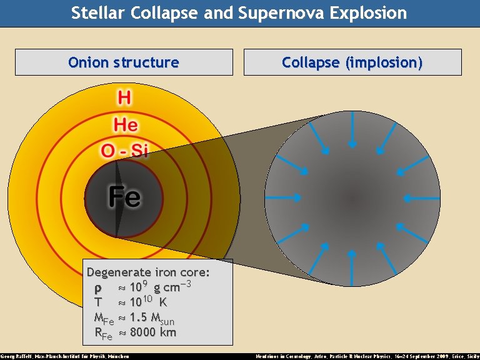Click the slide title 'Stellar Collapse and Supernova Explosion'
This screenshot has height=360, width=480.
pyautogui.click(x=239, y=12)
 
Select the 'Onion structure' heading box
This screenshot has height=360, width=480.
pyautogui.click(x=124, y=62)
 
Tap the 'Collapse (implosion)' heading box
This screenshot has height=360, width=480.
pyautogui.click(x=352, y=62)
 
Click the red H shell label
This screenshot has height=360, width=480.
pyautogui.click(x=124, y=98)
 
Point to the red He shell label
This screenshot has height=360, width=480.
pyautogui.click(x=126, y=124)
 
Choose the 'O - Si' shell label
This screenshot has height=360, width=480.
pyautogui.click(x=124, y=151)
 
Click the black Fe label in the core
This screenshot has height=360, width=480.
pyautogui.click(x=124, y=197)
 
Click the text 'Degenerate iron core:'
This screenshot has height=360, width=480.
pyautogui.click(x=148, y=272)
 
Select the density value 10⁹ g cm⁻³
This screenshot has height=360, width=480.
pyautogui.click(x=159, y=287)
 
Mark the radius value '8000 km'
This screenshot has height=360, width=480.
pyautogui.click(x=152, y=332)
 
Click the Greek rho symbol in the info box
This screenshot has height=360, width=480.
pyautogui.click(x=97, y=289)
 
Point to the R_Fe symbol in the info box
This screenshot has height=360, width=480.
pyautogui.click(x=102, y=334)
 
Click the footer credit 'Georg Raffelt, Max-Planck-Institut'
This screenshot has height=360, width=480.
pyautogui.click(x=65, y=356)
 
